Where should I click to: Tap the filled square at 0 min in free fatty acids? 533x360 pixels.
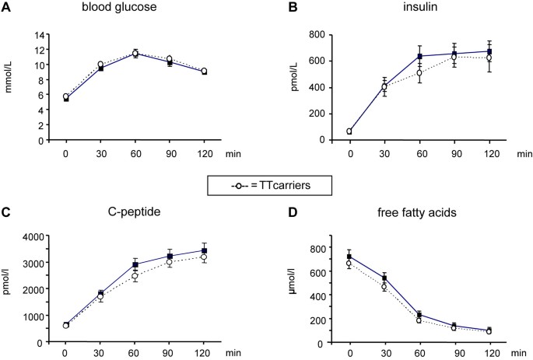tap(350, 257)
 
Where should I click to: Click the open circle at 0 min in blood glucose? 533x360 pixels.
tap(66, 96)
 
